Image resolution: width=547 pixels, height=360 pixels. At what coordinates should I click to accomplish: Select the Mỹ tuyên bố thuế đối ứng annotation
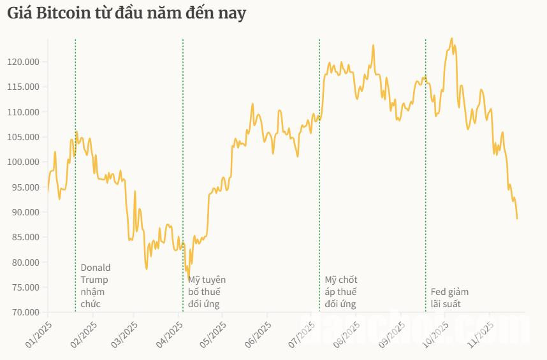click(x=207, y=292)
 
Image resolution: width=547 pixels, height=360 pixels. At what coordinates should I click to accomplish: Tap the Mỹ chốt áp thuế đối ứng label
click(x=341, y=292)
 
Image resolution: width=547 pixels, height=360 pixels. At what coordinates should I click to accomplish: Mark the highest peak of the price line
click(x=451, y=38)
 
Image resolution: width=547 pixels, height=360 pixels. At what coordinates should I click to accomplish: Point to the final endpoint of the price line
click(x=517, y=219)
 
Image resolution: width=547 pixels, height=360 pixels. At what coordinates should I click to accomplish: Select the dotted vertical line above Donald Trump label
click(x=75, y=191)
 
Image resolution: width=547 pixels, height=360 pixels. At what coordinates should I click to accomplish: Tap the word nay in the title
click(x=233, y=13)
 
